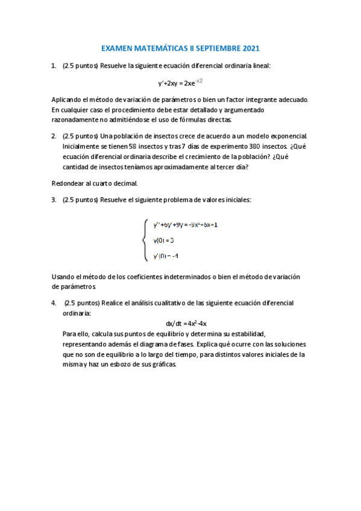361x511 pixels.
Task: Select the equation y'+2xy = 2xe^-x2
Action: click(180, 83)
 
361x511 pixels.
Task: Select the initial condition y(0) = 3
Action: click(164, 240)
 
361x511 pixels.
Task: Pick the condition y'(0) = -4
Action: click(166, 256)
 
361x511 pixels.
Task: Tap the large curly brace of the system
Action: click(145, 240)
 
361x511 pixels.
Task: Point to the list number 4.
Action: click(54, 302)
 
